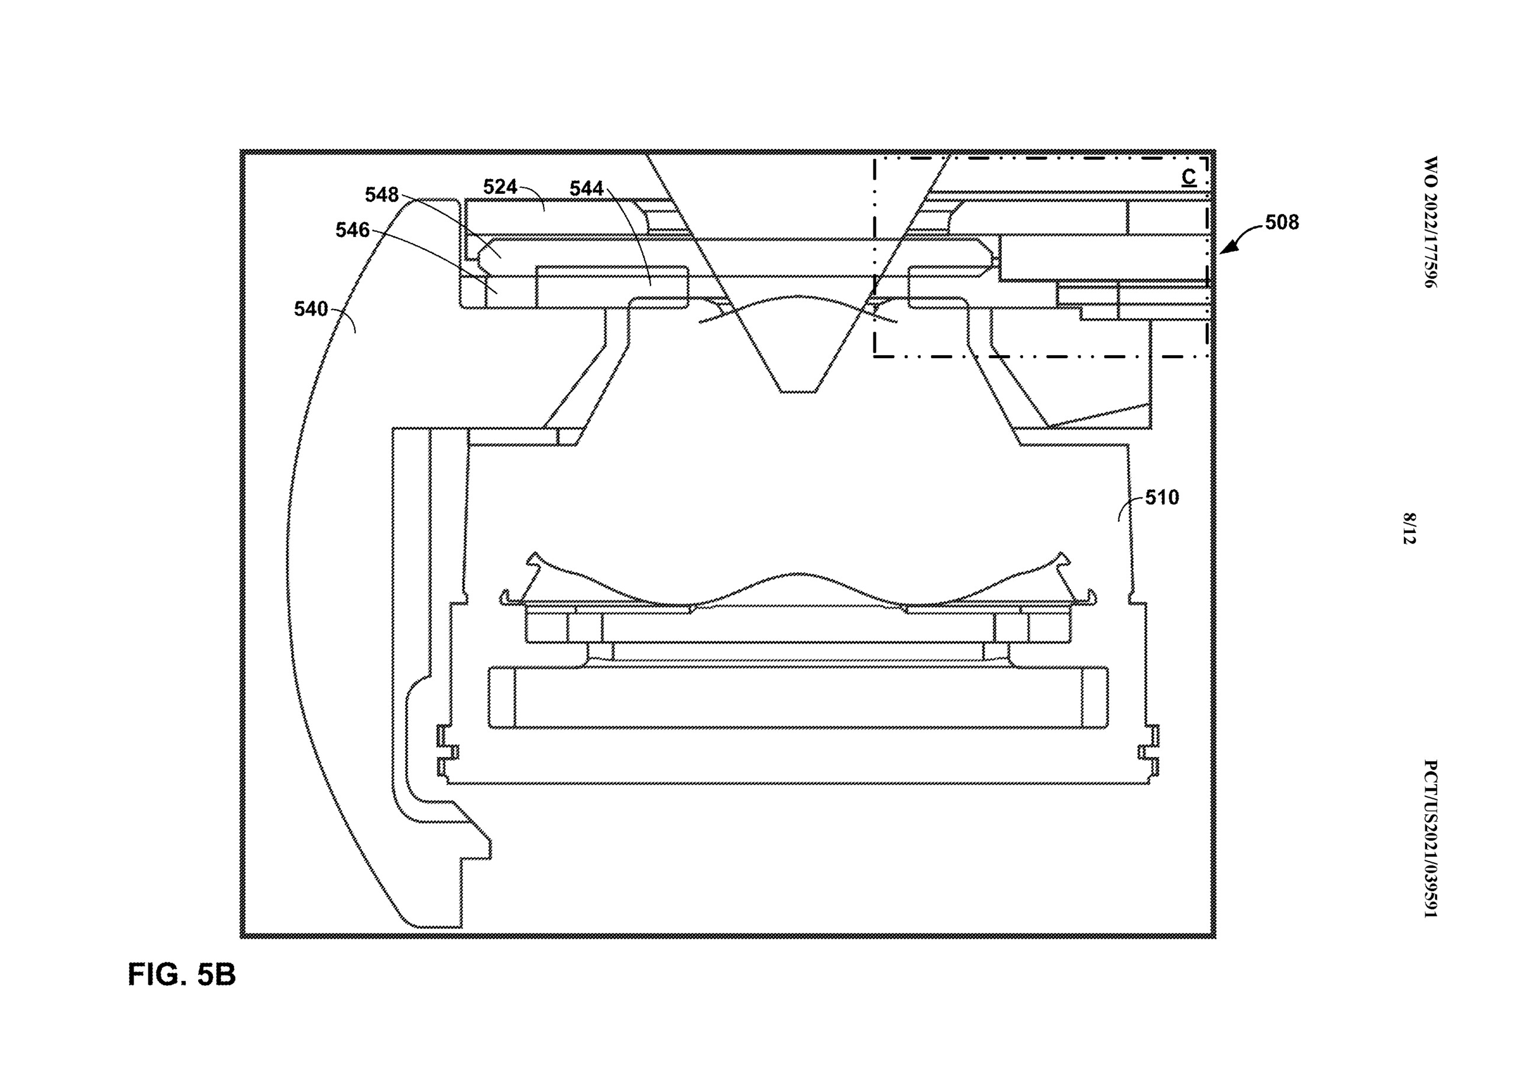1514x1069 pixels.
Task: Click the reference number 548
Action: point(382,195)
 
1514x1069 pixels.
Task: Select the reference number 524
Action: point(500,187)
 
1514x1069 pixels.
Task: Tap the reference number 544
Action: point(586,189)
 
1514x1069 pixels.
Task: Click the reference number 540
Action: point(310,309)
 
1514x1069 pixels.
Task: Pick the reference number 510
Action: point(1162,498)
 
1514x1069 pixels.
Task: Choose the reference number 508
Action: point(1282,223)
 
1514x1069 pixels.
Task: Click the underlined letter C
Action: point(1189,178)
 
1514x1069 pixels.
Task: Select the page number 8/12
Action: point(1409,528)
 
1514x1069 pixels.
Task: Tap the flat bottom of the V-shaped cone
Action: point(798,392)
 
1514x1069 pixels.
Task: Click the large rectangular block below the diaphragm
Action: point(798,698)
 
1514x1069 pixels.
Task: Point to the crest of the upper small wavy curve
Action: point(798,297)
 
